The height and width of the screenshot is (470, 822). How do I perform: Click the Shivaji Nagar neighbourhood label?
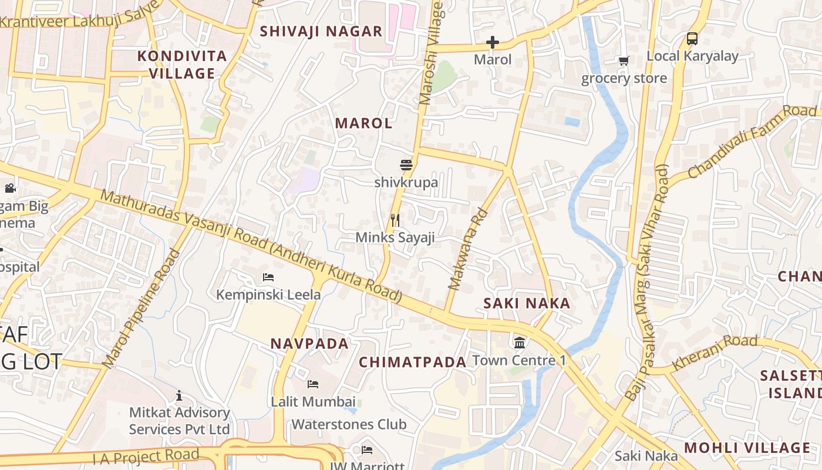[x=321, y=32]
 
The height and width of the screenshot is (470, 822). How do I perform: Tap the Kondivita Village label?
[x=182, y=65]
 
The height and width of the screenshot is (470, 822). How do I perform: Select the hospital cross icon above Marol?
[x=493, y=42]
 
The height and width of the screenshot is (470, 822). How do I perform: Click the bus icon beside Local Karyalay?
[x=692, y=39]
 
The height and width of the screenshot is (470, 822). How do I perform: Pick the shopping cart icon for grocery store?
[x=624, y=61]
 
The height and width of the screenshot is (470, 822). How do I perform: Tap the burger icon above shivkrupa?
[x=406, y=164]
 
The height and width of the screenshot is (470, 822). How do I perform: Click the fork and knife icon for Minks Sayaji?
[x=395, y=220]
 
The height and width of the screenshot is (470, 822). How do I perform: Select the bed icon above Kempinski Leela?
[x=268, y=277]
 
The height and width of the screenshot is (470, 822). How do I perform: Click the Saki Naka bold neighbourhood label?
[x=527, y=303]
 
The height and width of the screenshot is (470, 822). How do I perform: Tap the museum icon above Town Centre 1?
[x=520, y=343]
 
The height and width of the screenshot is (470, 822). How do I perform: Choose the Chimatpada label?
[x=412, y=362]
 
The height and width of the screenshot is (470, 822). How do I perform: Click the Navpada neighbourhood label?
[x=309, y=344]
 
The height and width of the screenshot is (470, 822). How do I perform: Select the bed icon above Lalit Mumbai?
[x=313, y=384]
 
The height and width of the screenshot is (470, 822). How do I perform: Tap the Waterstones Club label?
[x=349, y=424]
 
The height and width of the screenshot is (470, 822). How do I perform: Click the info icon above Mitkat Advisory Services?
[x=179, y=395]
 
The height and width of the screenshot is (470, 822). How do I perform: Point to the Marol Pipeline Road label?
[x=141, y=309]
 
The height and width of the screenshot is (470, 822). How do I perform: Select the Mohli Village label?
[x=747, y=448]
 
